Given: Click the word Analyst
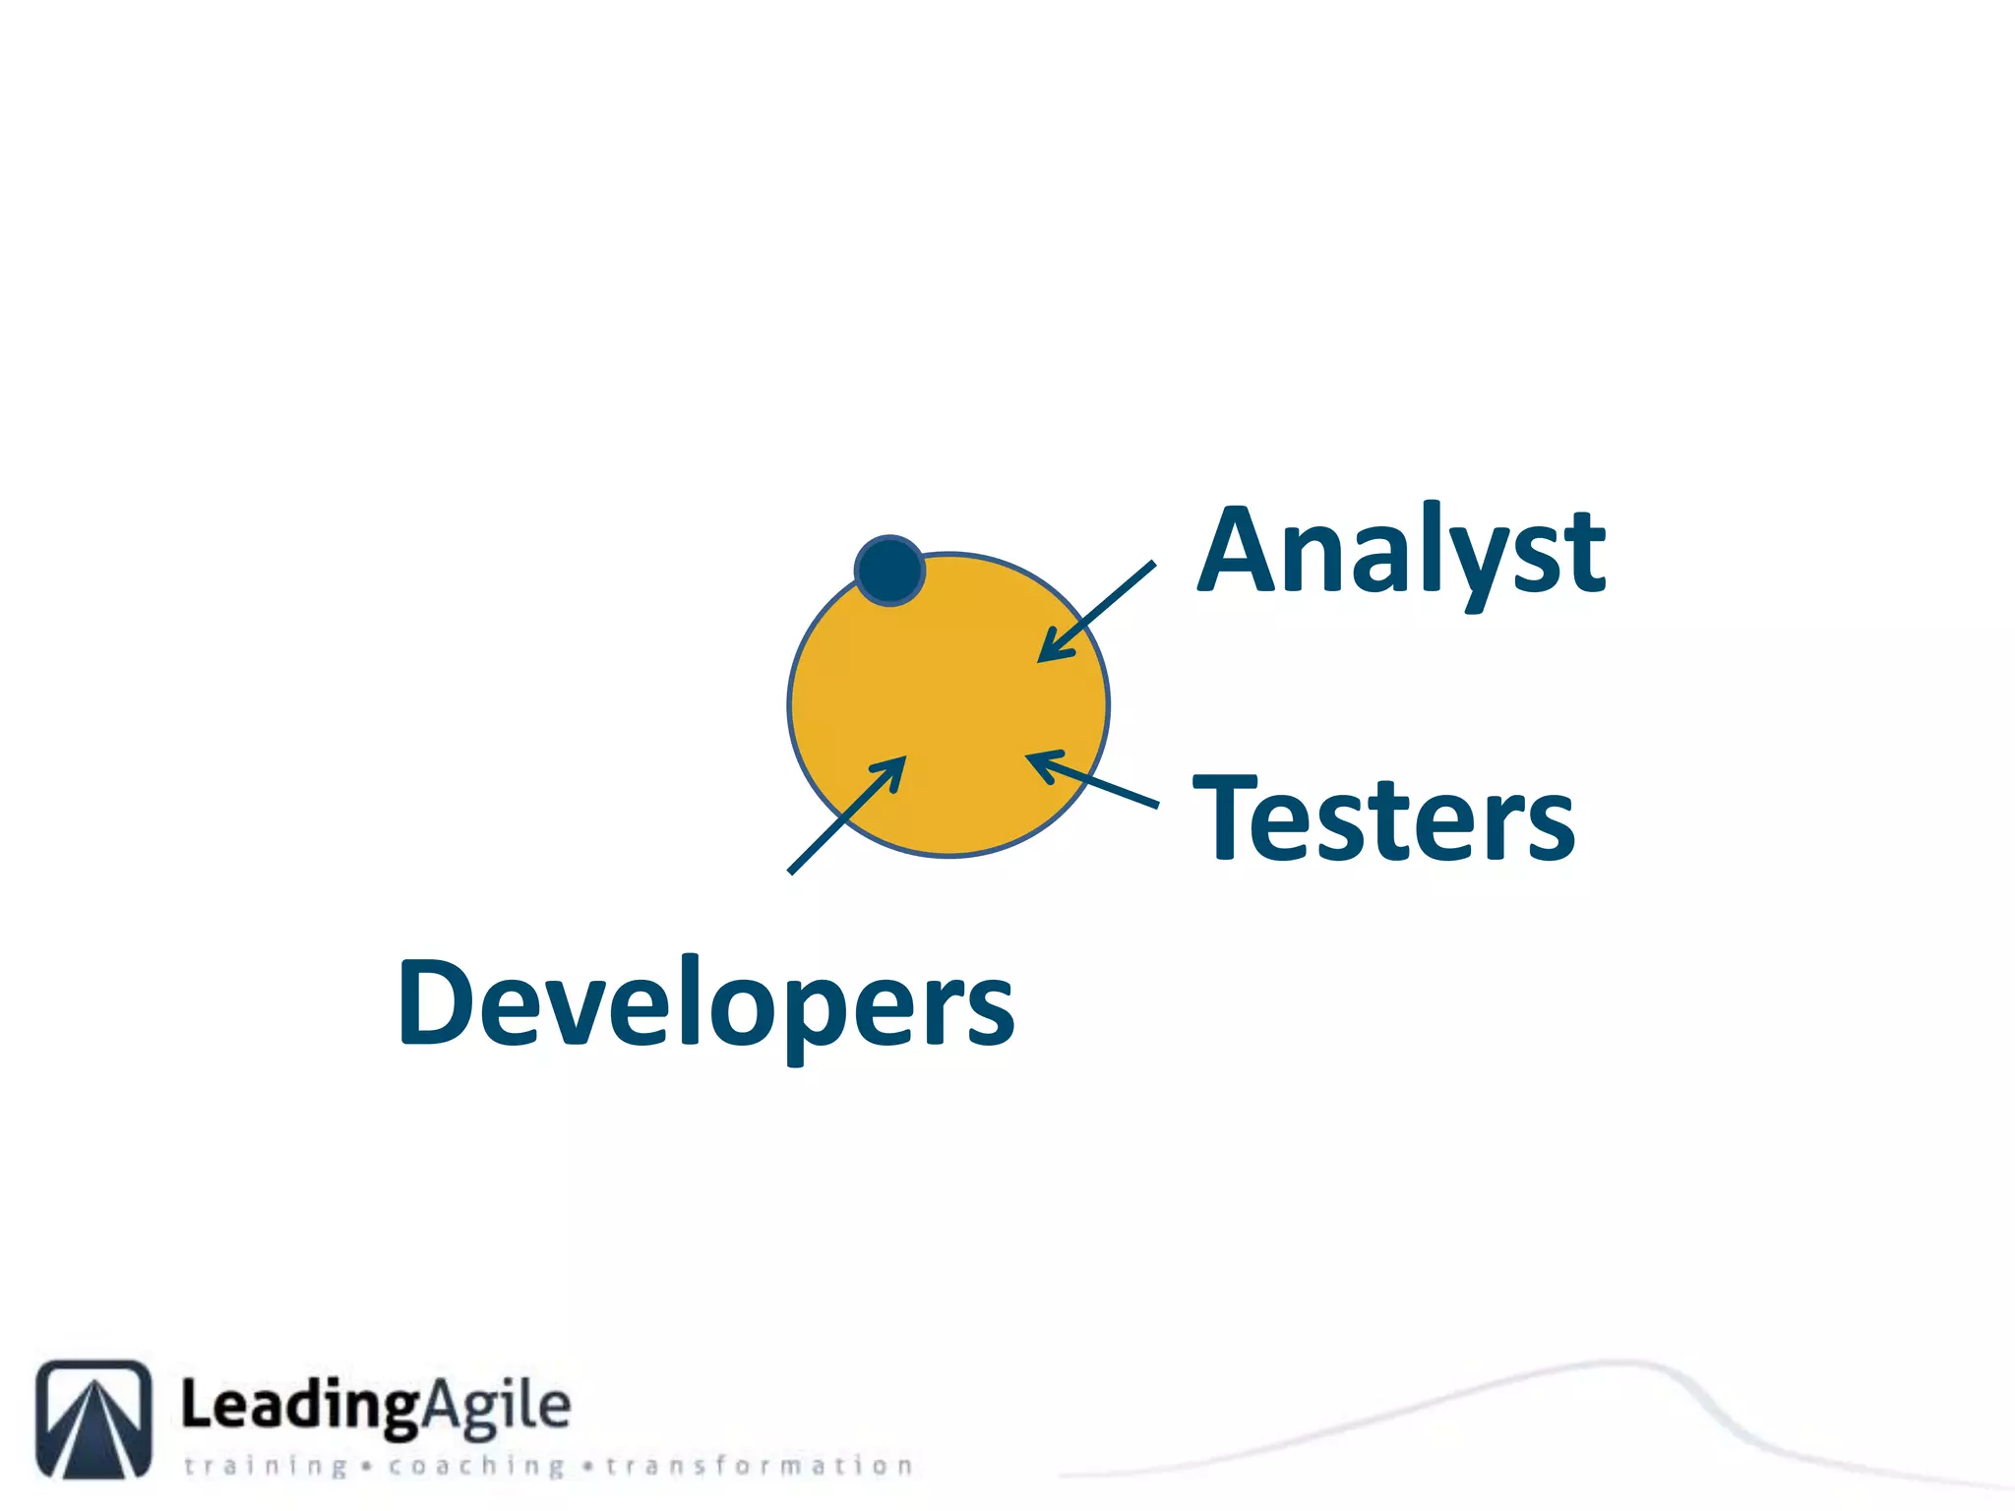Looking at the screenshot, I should coord(1401,553).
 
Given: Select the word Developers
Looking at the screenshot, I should coord(705,1003).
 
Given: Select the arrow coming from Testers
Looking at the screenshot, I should coord(1092,780).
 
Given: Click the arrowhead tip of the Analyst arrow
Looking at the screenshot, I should coord(1042,659).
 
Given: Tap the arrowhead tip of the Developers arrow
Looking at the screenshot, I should coord(902,759).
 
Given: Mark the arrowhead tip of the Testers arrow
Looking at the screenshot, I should coord(1029,755).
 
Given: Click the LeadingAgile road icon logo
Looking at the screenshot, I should coord(94,1419).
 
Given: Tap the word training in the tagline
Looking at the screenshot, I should coord(266,1466).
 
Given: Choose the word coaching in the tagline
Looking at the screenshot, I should coord(476,1466).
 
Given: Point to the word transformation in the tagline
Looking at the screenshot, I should coord(759,1466).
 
